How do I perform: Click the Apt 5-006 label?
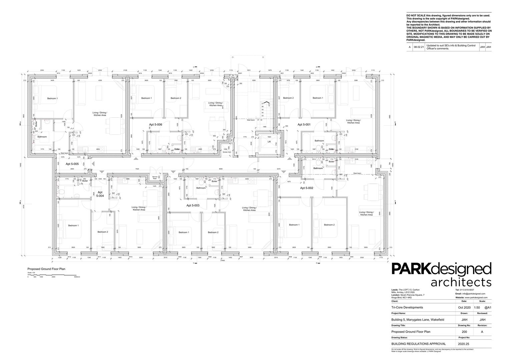[x=155, y=124]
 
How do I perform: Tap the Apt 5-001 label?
[x=304, y=124]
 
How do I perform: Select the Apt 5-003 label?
[x=193, y=206]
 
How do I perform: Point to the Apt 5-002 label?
[x=307, y=188]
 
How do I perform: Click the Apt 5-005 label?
[x=72, y=164]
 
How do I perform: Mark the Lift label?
[x=269, y=142]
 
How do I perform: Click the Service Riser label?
[x=155, y=178]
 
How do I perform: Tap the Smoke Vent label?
[x=227, y=152]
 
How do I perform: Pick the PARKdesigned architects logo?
[x=441, y=275]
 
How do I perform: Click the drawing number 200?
[x=464, y=332]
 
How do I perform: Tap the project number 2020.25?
[x=464, y=343]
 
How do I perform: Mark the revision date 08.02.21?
[x=419, y=47]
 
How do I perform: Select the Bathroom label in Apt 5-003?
[x=201, y=188]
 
